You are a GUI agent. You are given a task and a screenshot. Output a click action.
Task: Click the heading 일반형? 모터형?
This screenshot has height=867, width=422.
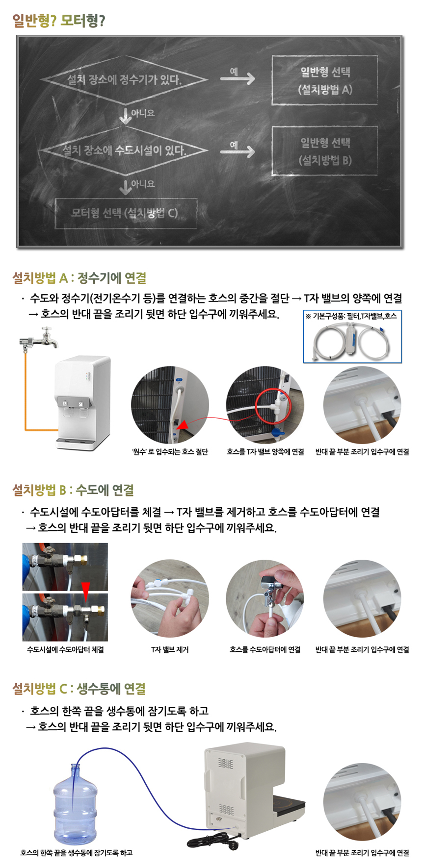point(58,21)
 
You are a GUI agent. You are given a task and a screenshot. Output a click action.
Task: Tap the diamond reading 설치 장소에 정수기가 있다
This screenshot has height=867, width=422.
point(124,79)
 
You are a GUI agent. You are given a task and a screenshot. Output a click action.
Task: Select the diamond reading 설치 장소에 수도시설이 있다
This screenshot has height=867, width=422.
point(124,149)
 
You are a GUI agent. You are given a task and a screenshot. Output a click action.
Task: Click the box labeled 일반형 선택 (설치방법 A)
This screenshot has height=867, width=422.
point(325,80)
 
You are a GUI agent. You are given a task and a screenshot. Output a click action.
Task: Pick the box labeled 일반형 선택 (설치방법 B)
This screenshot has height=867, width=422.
point(325,151)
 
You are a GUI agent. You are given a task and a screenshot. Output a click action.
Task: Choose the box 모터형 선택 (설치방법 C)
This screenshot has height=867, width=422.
point(126,213)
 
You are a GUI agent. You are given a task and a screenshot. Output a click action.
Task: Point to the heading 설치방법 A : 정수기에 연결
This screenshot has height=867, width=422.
point(79,278)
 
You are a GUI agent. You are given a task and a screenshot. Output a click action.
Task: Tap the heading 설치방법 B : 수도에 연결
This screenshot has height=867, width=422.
point(73,490)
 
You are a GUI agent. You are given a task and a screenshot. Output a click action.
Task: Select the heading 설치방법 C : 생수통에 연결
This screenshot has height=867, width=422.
point(79,689)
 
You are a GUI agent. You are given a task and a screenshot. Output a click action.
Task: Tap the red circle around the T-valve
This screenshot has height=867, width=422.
point(275,404)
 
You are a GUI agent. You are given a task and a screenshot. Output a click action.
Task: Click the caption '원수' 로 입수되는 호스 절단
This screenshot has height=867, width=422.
point(169,452)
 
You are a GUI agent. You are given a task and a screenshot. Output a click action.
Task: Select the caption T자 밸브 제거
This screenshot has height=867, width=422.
point(169,649)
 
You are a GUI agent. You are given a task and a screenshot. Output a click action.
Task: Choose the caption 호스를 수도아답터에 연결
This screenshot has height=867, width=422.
point(265,649)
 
